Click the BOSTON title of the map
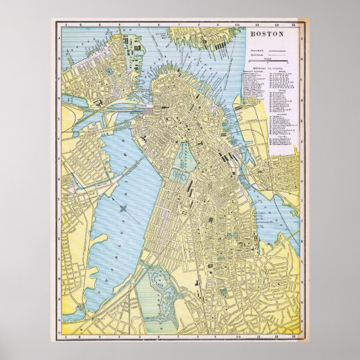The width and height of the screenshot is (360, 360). [266, 33]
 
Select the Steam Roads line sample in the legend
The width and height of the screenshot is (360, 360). [276, 50]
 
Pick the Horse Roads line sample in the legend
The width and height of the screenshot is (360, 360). [276, 55]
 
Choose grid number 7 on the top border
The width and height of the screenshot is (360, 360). [178, 25]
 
